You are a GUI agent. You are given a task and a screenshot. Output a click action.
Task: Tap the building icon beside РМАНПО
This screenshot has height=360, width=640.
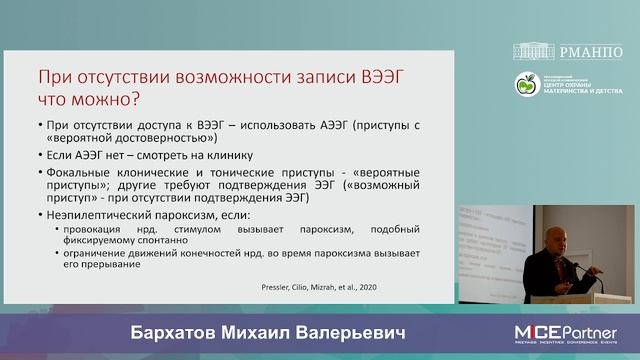535,51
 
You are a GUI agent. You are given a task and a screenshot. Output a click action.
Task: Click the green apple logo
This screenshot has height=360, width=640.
525,85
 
